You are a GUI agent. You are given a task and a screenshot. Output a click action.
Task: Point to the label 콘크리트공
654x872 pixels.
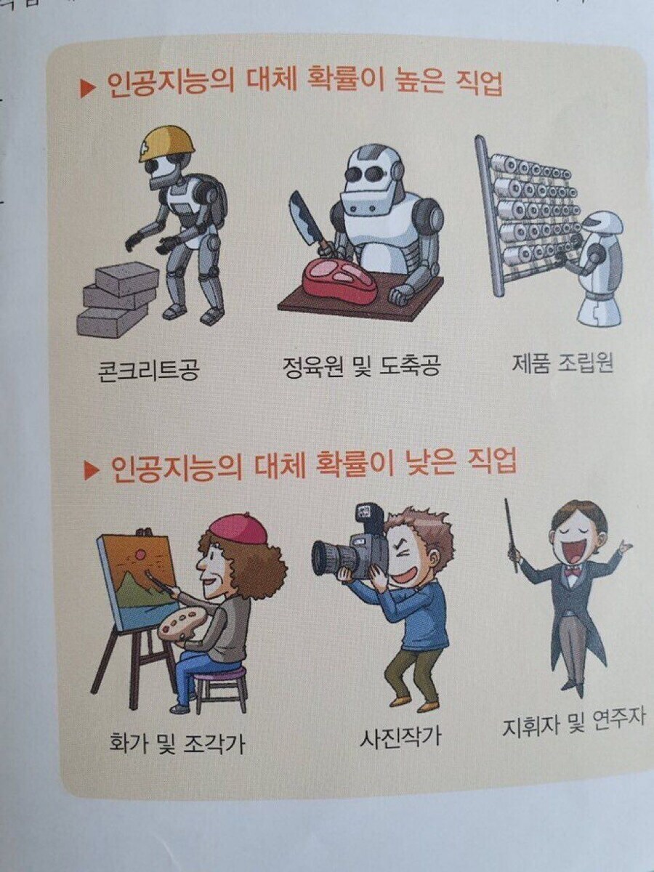(x=148, y=371)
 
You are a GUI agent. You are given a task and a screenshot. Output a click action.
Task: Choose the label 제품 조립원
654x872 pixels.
(x=562, y=361)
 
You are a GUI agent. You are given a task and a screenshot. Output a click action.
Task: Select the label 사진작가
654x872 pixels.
(x=400, y=738)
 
